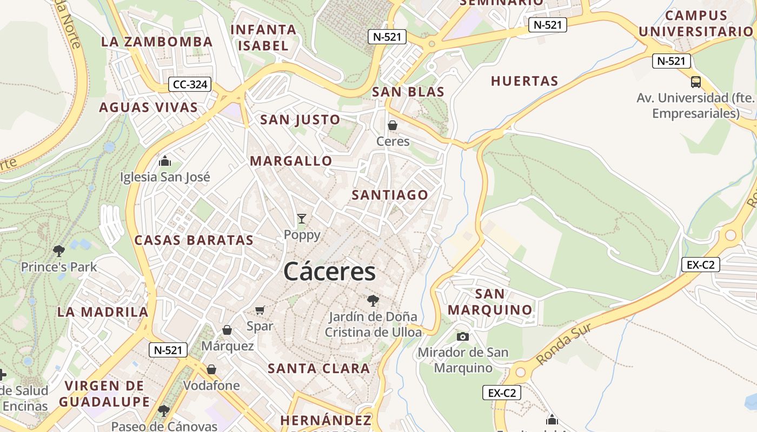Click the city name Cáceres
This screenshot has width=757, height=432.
(x=329, y=272)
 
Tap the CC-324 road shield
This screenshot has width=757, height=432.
(x=189, y=84)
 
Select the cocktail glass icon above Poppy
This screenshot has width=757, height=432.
(x=302, y=219)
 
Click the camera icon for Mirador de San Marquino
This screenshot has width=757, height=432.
(x=463, y=336)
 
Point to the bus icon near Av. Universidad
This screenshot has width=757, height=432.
(x=696, y=82)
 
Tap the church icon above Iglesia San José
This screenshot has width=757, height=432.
(x=165, y=161)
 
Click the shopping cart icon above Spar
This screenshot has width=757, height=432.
(x=260, y=310)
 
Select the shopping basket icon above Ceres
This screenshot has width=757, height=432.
(x=393, y=125)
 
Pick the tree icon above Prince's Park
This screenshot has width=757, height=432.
(x=59, y=251)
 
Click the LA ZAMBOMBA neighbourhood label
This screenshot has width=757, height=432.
(x=157, y=42)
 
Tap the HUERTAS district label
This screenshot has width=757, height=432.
(x=524, y=82)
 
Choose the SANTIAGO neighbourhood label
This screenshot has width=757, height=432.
(x=390, y=195)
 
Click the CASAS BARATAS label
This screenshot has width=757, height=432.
(x=194, y=240)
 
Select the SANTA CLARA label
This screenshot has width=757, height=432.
(x=319, y=369)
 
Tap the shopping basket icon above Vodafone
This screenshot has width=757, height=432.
(x=211, y=369)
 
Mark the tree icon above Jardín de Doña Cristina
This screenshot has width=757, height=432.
(x=373, y=301)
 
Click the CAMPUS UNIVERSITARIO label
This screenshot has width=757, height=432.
(x=696, y=24)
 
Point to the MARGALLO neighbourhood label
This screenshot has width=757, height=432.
(x=291, y=161)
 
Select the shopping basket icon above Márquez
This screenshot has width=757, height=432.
(x=227, y=330)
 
